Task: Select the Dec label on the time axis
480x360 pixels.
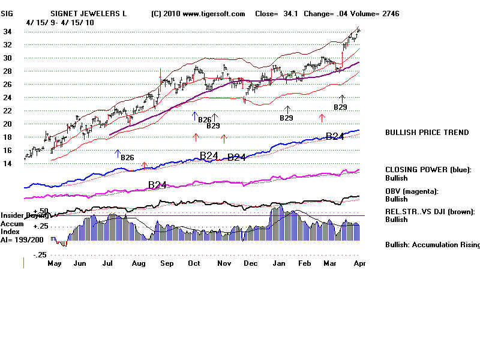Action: pyautogui.click(x=250, y=263)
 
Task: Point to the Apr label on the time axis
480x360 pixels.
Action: pyautogui.click(x=359, y=263)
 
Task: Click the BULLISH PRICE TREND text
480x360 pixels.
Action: pyautogui.click(x=427, y=133)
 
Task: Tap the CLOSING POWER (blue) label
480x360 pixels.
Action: pyautogui.click(x=428, y=170)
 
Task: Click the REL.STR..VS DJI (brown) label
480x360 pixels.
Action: pyautogui.click(x=430, y=211)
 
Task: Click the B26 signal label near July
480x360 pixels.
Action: pyautogui.click(x=127, y=158)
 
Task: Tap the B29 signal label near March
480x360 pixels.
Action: pyautogui.click(x=340, y=107)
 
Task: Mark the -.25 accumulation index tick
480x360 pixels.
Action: pyautogui.click(x=40, y=255)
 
